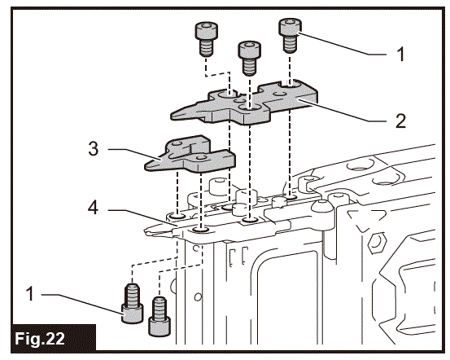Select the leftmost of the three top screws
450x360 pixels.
(x=204, y=36)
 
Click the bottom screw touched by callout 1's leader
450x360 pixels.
(x=132, y=303)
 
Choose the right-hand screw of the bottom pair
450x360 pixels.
(x=160, y=315)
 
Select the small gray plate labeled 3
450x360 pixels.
(x=187, y=157)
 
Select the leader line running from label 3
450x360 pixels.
(x=130, y=152)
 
